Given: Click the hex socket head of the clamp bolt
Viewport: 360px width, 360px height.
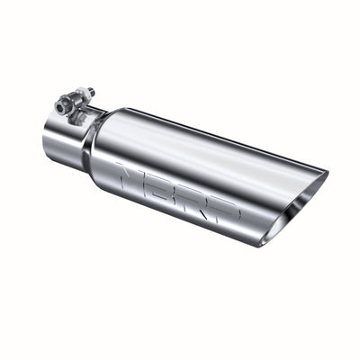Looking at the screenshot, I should point(61,106).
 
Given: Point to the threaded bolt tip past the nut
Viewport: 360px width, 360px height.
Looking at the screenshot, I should point(93,90).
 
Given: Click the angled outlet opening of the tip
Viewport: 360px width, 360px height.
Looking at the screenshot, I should point(297,202).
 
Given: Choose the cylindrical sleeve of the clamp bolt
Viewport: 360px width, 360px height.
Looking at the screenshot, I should point(73,101).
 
